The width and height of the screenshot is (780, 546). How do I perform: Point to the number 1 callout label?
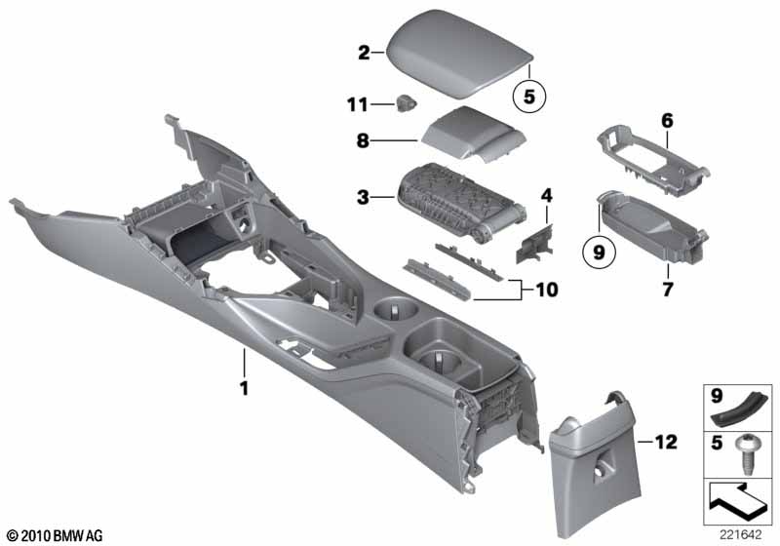point(245,388)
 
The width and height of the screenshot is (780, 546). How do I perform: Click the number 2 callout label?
point(364,53)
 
